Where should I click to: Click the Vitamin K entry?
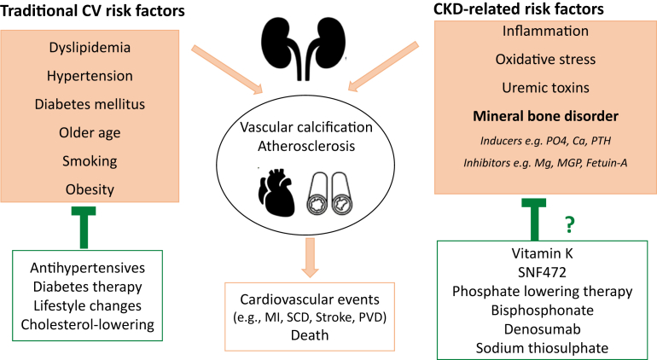point(543,255)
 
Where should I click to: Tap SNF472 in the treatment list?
point(543,273)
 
